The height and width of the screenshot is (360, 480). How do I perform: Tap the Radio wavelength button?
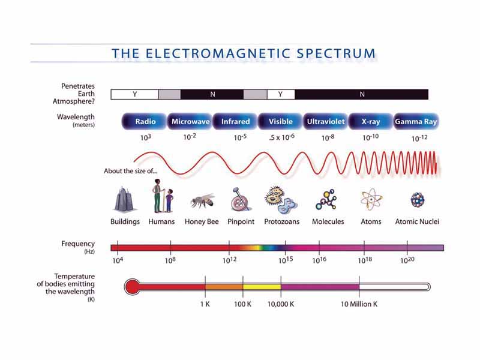tap(145, 122)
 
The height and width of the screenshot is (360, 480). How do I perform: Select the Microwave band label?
tap(190, 122)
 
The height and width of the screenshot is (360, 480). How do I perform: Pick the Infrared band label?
tap(235, 122)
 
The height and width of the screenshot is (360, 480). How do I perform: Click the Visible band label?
tap(280, 122)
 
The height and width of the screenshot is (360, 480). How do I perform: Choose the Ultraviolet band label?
tap(326, 122)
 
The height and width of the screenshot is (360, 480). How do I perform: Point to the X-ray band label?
tap(371, 122)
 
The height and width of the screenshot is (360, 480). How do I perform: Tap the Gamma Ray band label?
tap(416, 122)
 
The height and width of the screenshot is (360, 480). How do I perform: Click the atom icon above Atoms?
tap(370, 199)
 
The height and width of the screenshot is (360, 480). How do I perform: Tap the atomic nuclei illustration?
tap(417, 200)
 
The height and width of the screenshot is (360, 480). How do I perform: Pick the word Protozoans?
tap(281, 222)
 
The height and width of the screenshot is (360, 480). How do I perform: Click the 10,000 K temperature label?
tap(281, 304)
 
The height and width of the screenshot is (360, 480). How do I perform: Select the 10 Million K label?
tap(359, 304)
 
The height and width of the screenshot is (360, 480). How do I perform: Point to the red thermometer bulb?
tap(133, 286)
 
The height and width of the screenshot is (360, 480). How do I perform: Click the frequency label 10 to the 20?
tap(407, 261)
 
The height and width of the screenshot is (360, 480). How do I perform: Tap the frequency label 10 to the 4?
tap(118, 261)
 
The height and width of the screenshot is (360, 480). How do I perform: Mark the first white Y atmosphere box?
tap(135, 94)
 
